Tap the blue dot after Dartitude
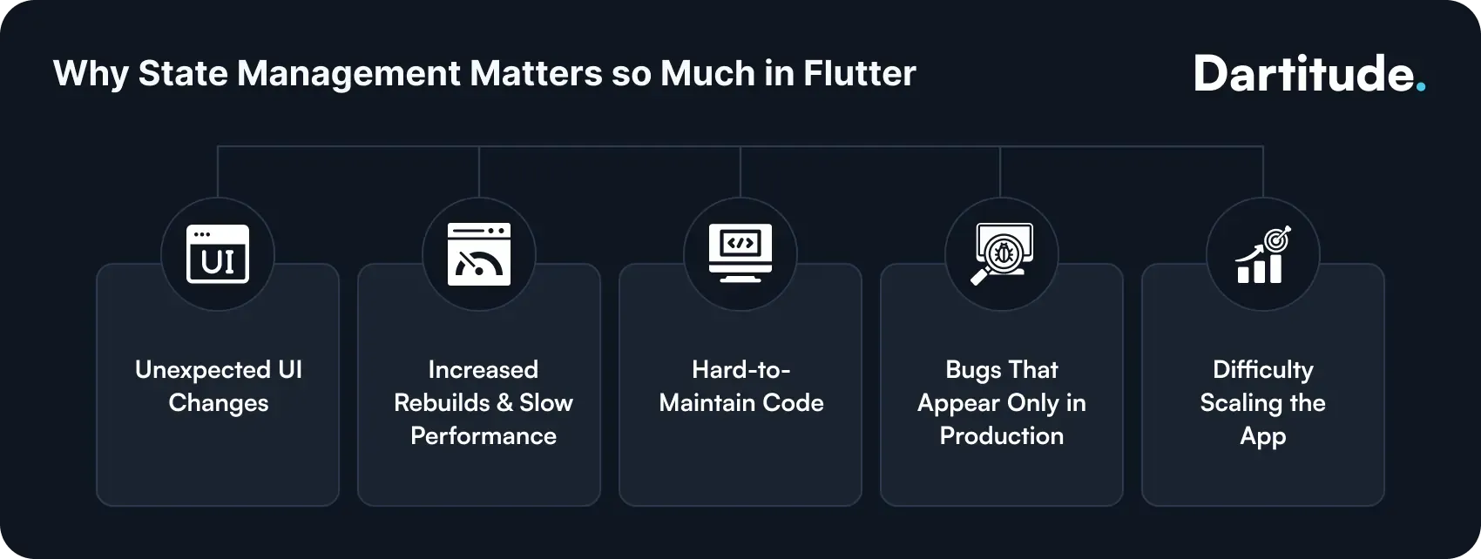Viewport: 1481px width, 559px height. tap(1421, 87)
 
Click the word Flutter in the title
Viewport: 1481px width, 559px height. tap(859, 74)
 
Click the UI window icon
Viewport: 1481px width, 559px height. tap(218, 254)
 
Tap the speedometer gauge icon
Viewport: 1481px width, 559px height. tap(479, 254)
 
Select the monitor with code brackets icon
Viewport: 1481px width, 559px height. tap(740, 253)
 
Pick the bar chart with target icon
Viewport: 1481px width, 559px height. tap(1263, 254)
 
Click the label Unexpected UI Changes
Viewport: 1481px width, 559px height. tap(219, 386)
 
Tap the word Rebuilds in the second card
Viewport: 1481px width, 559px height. tap(442, 402)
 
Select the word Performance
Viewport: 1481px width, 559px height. tap(484, 435)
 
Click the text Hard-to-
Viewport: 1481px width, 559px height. tap(741, 369)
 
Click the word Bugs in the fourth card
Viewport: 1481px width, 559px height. tap(973, 370)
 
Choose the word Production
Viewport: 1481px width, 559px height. tap(1002, 435)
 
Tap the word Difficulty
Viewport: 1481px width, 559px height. tap(1263, 370)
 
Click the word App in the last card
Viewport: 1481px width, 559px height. tap(1263, 436)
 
